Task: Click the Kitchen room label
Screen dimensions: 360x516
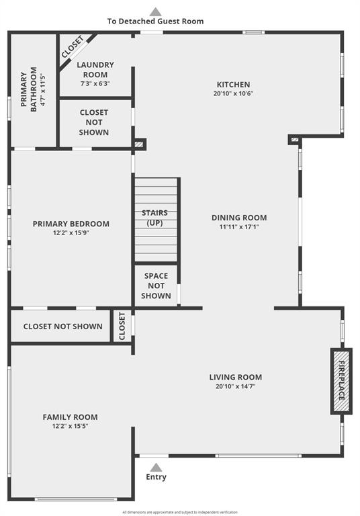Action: tap(233, 85)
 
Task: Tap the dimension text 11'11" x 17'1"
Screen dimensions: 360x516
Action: tap(239, 226)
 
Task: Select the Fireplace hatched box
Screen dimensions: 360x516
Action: tap(342, 381)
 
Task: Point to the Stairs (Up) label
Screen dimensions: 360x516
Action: tap(154, 218)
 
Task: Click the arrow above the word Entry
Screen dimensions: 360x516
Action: tap(156, 468)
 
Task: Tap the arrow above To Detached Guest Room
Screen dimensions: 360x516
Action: tap(156, 12)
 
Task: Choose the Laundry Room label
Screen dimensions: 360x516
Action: tap(95, 70)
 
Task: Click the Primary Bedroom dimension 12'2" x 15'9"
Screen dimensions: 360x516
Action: tap(71, 233)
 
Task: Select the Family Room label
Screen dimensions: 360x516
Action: tap(70, 417)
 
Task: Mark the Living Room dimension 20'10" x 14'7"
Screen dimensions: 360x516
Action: tap(236, 386)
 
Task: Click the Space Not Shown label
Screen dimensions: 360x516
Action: tap(156, 286)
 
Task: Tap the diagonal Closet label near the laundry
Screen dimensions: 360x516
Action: tap(73, 48)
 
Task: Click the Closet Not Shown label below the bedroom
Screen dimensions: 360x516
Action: tap(63, 327)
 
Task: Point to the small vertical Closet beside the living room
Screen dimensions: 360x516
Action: tap(122, 326)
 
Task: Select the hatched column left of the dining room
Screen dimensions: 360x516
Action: tap(139, 144)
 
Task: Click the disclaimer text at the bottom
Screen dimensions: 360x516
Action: tap(180, 512)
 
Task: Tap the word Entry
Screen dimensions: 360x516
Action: tap(156, 477)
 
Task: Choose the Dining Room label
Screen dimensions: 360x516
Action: tap(239, 218)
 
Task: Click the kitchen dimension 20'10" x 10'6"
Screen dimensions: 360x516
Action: tap(233, 93)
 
